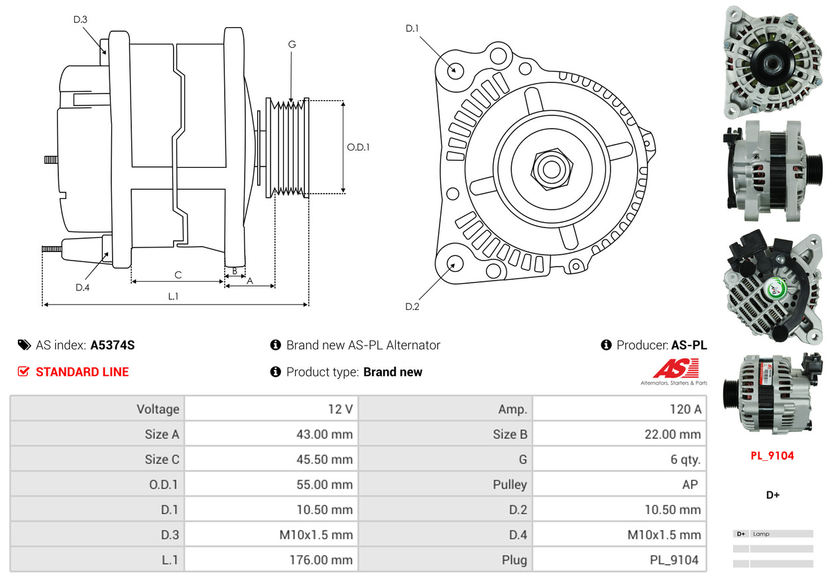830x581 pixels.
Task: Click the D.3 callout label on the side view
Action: pyautogui.click(x=80, y=19)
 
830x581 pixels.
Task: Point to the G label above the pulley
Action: pyautogui.click(x=292, y=44)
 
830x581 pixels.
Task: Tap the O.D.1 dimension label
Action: pyautogui.click(x=358, y=147)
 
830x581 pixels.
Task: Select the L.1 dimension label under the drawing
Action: pyautogui.click(x=173, y=296)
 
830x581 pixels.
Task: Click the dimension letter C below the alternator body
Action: pyautogui.click(x=178, y=275)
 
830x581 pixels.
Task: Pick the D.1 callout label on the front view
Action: pyautogui.click(x=412, y=28)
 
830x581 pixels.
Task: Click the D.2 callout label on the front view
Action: pyautogui.click(x=412, y=306)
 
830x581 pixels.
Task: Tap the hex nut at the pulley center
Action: pyautogui.click(x=550, y=168)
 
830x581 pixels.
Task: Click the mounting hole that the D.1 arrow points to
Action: pyautogui.click(x=455, y=70)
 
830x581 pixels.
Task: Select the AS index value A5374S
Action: pyautogui.click(x=113, y=345)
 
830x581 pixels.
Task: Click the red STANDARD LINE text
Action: pyautogui.click(x=82, y=372)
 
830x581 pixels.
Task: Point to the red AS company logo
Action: pyautogui.click(x=676, y=368)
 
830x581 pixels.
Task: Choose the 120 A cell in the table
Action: pyautogui.click(x=685, y=409)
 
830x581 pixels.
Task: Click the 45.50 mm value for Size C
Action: pyautogui.click(x=324, y=460)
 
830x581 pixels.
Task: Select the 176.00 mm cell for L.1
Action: pyautogui.click(x=321, y=560)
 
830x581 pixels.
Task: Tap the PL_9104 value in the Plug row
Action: pyautogui.click(x=674, y=560)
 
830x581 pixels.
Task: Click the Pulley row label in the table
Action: pyautogui.click(x=510, y=485)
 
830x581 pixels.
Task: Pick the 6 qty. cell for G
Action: pyautogui.click(x=685, y=460)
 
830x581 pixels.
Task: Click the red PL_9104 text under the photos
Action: pyautogui.click(x=772, y=456)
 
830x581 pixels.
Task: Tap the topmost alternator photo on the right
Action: pyautogui.click(x=772, y=61)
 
